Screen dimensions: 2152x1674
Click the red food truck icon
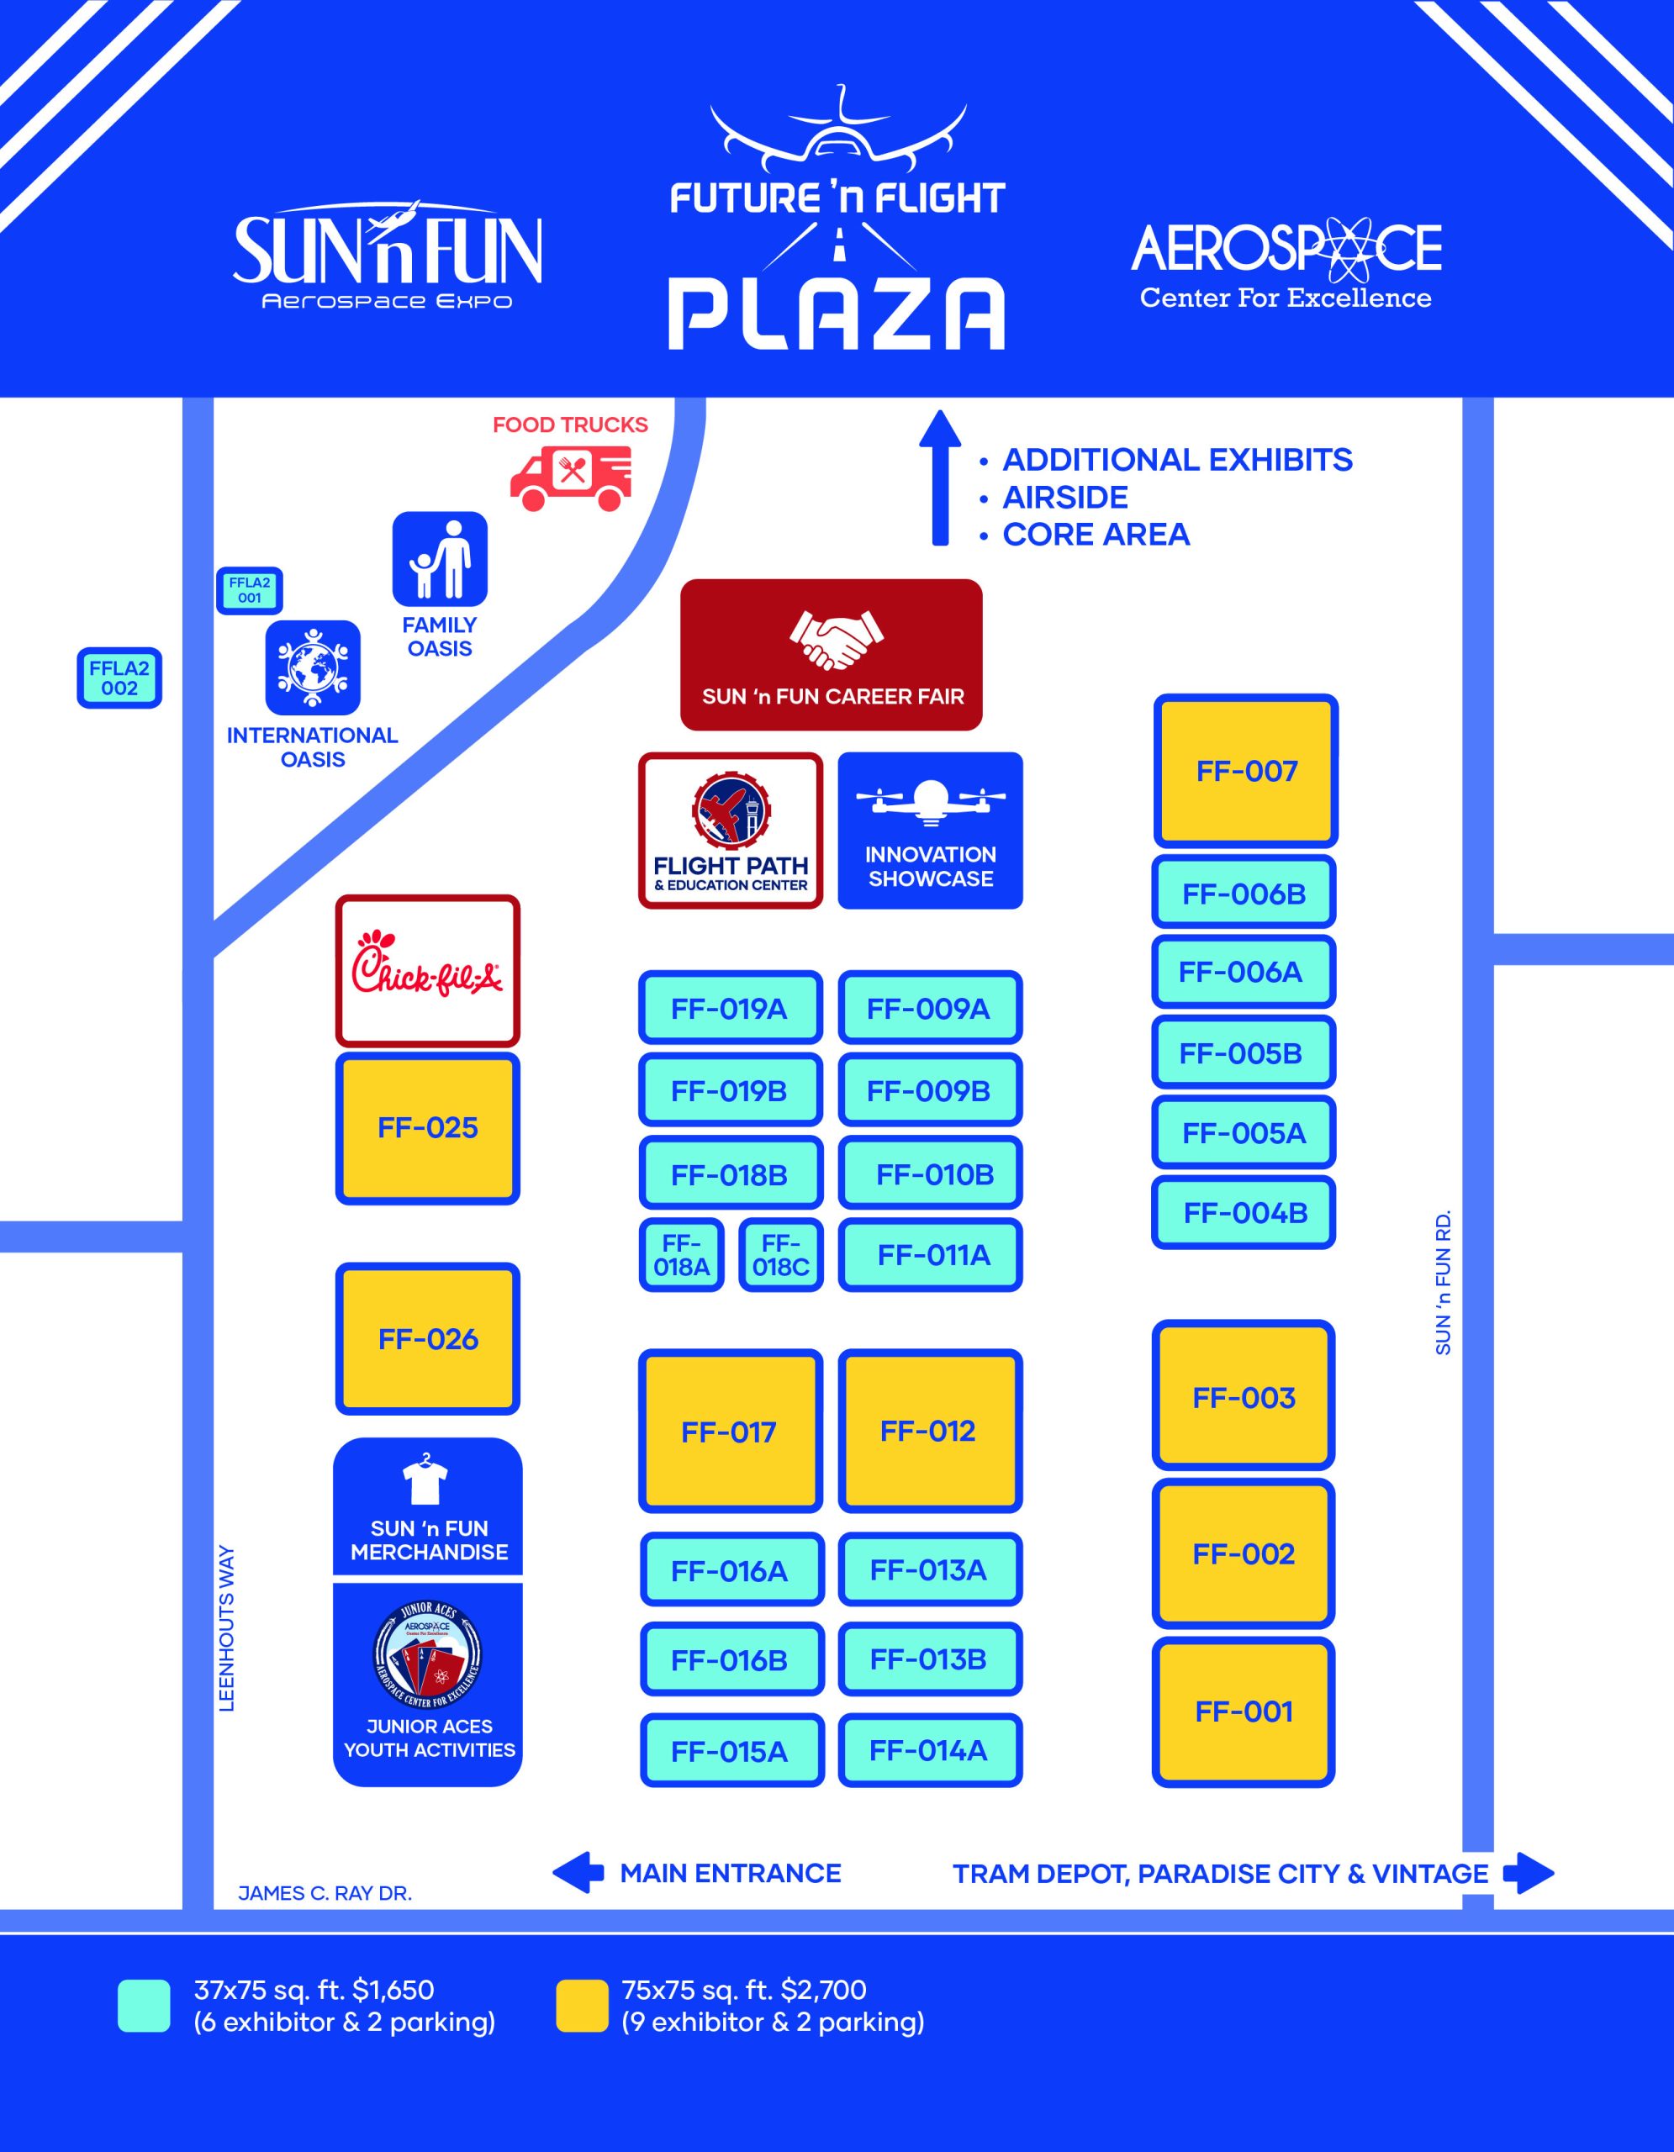tap(571, 477)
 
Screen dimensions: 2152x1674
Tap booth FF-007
tap(1245, 771)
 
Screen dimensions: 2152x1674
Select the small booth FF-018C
tap(780, 1254)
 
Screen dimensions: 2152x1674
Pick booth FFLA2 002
tap(119, 678)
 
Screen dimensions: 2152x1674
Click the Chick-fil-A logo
tap(428, 971)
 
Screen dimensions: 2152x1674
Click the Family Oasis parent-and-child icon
tap(440, 559)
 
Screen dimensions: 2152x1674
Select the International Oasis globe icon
tap(312, 667)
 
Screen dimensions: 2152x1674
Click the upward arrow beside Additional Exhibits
tap(940, 477)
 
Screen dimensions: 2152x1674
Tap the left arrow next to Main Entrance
tap(578, 1872)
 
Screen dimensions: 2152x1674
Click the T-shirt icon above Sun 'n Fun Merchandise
tap(425, 1481)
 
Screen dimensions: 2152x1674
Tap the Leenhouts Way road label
tap(227, 1627)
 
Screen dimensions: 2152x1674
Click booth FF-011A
tap(931, 1254)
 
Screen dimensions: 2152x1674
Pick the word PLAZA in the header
tap(836, 314)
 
